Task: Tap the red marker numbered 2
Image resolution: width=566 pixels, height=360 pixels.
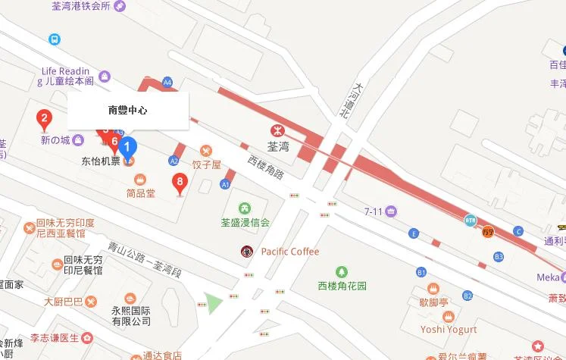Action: pyautogui.click(x=45, y=118)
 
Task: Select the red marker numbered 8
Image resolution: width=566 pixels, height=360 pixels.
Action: pyautogui.click(x=179, y=182)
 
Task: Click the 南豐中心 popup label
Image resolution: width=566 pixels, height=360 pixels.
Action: pyautogui.click(x=128, y=111)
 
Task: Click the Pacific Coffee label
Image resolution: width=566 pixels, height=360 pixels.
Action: pyautogui.click(x=289, y=252)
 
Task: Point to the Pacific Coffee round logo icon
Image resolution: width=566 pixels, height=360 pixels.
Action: pyautogui.click(x=246, y=251)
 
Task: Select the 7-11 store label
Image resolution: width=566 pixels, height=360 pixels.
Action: pyautogui.click(x=374, y=211)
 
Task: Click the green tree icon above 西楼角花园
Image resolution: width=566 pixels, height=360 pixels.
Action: pyautogui.click(x=342, y=271)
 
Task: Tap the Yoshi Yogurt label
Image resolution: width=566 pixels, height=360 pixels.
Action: pyautogui.click(x=449, y=329)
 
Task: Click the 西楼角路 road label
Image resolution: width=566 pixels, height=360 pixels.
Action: pyautogui.click(x=265, y=168)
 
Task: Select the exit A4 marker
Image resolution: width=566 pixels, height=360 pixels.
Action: pyautogui.click(x=167, y=81)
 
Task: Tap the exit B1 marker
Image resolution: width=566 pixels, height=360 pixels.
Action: pyautogui.click(x=421, y=271)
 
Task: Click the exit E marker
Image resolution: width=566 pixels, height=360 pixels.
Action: pyautogui.click(x=413, y=233)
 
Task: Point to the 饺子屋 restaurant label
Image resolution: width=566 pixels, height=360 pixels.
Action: pyautogui.click(x=205, y=164)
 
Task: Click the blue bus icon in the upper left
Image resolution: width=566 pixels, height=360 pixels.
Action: pyautogui.click(x=55, y=39)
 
